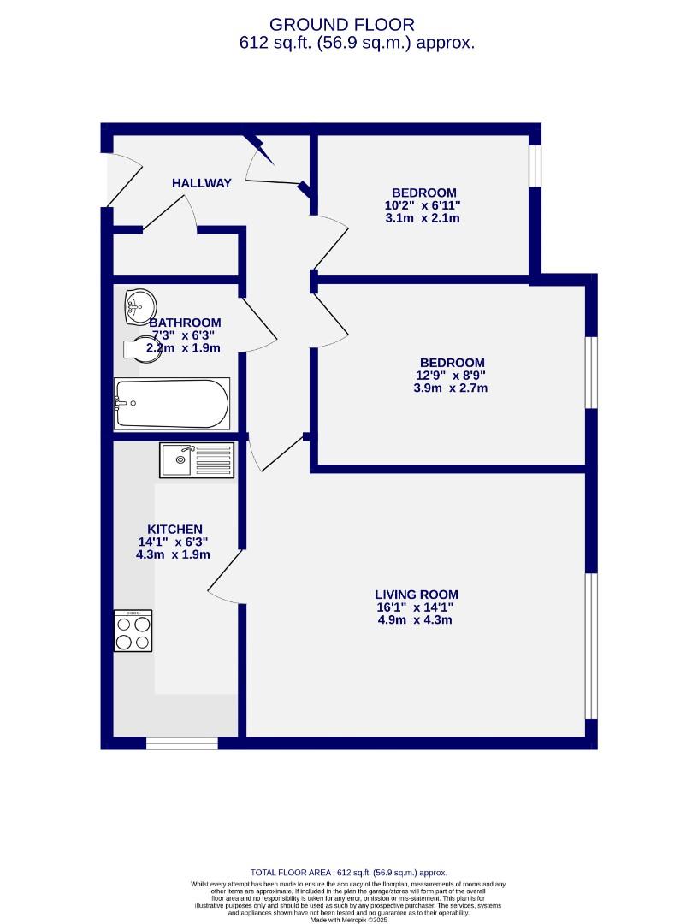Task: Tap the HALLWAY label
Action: coord(201,183)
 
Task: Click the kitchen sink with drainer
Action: coord(196,460)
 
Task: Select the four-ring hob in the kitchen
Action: coord(133,631)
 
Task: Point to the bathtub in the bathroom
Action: coord(172,404)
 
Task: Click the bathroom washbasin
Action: coord(139,304)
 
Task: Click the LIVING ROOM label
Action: coord(416,595)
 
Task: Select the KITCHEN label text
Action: coord(174,530)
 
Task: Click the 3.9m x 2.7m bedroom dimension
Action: coord(450,388)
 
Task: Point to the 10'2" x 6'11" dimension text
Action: coord(423,205)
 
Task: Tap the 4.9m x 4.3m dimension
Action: coord(415,619)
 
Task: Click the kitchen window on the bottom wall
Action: coord(181,743)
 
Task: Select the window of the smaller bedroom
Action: coord(535,165)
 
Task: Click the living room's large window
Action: coord(590,645)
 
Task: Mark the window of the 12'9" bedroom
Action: coord(590,372)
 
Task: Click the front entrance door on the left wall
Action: coord(109,181)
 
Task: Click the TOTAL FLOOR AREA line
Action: coord(349,872)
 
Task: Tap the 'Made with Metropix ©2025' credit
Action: coord(349,919)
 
